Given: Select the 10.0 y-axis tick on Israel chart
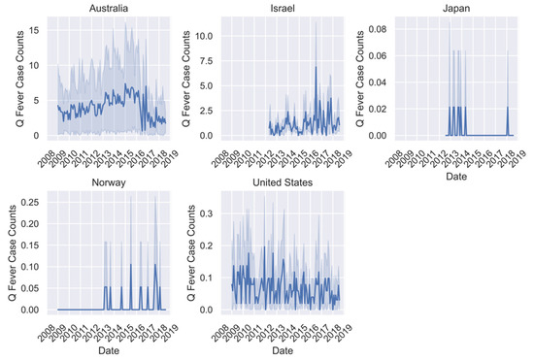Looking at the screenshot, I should point(203,35).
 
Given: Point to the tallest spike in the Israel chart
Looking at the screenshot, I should point(317,21).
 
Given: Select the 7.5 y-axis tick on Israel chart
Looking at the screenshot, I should point(207,60).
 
